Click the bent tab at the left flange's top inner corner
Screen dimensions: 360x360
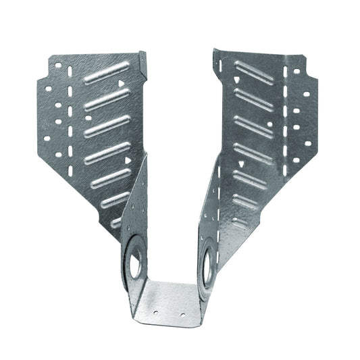click(143, 61)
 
